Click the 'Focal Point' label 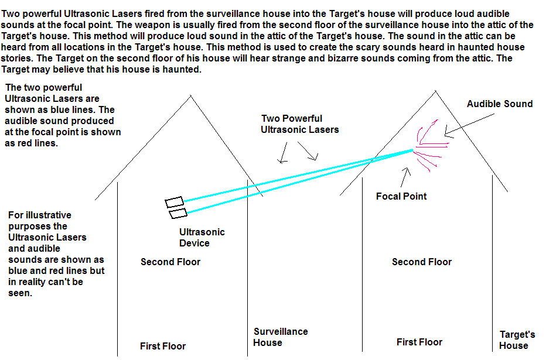pos(401,196)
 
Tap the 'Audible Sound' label pos(499,104)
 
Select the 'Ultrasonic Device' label pos(202,237)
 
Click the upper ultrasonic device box pos(175,202)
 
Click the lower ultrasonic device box pos(178,213)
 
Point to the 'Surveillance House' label pos(281,337)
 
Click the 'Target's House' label pos(517,340)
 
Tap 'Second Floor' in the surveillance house pos(170,262)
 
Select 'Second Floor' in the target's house pos(422,262)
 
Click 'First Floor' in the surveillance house pos(163,346)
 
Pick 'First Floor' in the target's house pos(419,342)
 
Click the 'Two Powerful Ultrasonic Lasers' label pos(299,124)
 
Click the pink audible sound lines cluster pos(431,143)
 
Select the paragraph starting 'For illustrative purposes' pos(56,254)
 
